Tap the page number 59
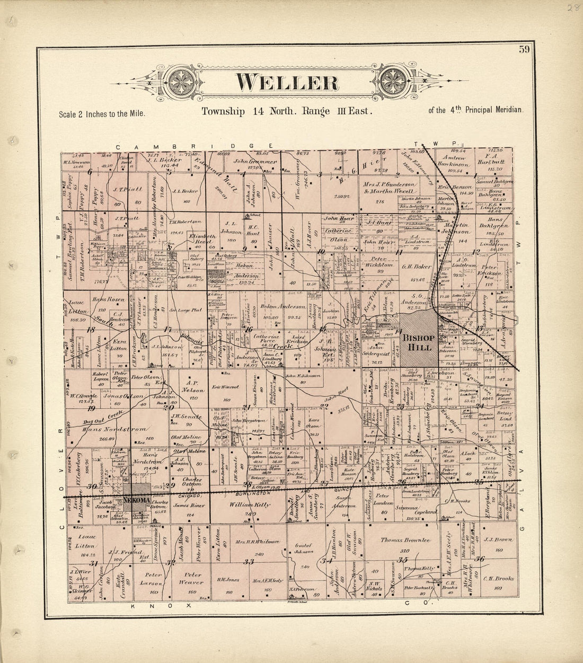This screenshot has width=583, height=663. (524, 50)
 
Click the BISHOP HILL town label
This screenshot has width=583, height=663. (418, 342)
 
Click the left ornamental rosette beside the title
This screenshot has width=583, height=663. (180, 82)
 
